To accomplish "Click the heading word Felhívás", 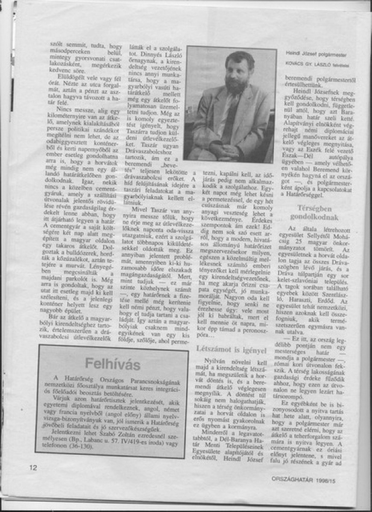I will (113, 364).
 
